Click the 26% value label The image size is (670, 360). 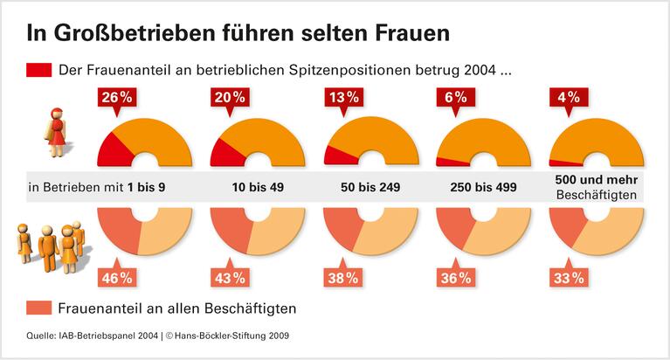click(118, 99)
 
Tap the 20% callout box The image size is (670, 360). click(230, 99)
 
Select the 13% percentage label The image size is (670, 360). click(342, 99)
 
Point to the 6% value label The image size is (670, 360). click(454, 99)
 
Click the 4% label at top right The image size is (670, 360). click(566, 99)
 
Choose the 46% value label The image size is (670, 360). click(118, 278)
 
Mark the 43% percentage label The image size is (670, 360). click(230, 278)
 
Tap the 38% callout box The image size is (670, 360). click(342, 278)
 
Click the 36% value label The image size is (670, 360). click(454, 278)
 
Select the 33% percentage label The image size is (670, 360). click(566, 278)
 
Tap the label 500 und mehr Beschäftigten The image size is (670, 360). click(597, 187)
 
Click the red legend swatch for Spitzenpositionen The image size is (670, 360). click(38, 70)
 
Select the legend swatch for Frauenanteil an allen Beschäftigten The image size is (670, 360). click(38, 308)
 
